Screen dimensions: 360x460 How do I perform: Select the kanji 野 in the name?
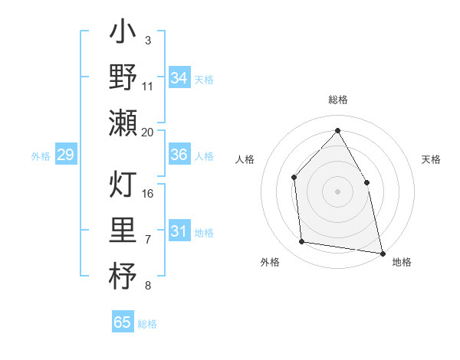pos(123,77)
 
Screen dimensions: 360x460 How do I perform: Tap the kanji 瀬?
pos(123,123)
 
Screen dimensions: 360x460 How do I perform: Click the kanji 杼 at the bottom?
pos(123,276)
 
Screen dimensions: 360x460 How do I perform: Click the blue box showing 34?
pos(179,77)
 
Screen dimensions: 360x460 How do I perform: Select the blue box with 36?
pos(179,155)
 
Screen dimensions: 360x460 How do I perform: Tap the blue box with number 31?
pos(179,231)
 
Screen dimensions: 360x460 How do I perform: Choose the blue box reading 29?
pos(65,155)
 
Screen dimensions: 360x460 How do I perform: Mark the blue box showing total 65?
pos(123,322)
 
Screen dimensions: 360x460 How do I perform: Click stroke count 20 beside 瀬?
pos(148,132)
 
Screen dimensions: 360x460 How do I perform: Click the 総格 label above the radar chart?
pos(337,100)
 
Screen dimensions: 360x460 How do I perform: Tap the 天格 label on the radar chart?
pos(432,159)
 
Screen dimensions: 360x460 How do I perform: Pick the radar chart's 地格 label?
pos(402,262)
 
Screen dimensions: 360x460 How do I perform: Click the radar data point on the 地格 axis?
pos(382,252)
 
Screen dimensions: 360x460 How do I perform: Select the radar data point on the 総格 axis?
pos(337,130)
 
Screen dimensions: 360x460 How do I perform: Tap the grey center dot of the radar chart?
pos(337,191)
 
